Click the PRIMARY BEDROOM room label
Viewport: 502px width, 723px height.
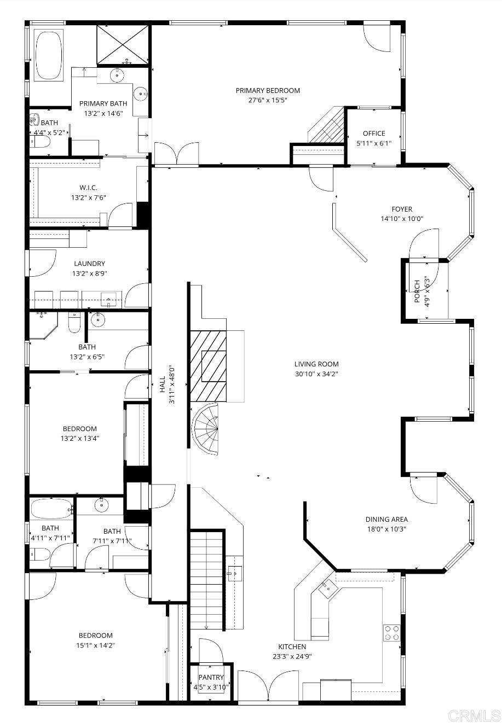(268, 91)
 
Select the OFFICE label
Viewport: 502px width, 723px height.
(374, 133)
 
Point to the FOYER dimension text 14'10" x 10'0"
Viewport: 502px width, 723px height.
(402, 219)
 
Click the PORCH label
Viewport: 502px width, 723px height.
(417, 291)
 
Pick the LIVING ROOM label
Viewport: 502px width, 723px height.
(316, 364)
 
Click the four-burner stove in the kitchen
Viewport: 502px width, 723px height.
(392, 632)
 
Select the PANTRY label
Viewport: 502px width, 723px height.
(211, 677)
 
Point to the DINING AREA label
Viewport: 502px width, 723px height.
(386, 520)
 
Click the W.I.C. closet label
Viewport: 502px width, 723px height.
(88, 188)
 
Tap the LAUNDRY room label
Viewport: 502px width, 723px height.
(89, 264)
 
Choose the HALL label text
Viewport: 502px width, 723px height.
(162, 384)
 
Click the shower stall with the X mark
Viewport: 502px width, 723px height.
(123, 44)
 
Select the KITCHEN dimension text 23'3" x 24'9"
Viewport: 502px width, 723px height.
(292, 656)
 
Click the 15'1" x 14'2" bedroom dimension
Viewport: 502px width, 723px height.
(96, 645)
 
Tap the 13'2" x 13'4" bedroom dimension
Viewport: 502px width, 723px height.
(80, 438)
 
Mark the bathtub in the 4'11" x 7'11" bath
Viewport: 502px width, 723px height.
(51, 509)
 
